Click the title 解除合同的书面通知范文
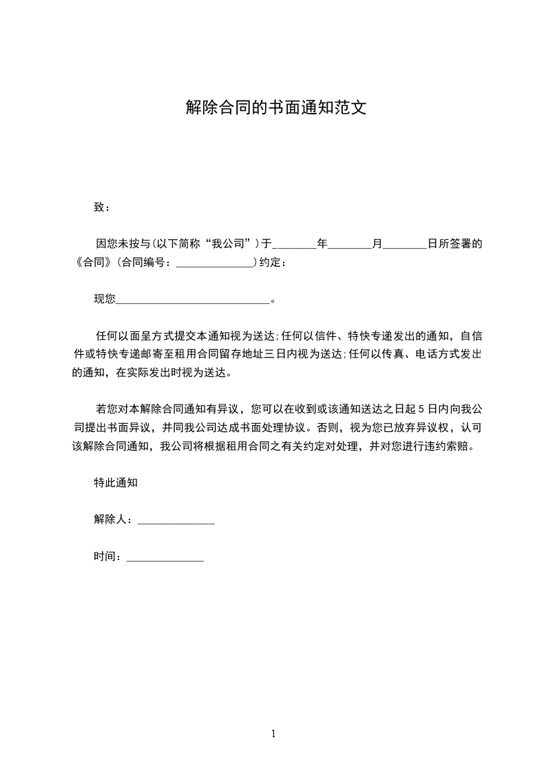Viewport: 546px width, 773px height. coord(273,108)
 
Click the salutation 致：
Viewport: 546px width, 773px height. coord(102,207)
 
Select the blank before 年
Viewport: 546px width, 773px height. coord(295,245)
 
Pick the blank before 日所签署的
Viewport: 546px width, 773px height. coord(404,245)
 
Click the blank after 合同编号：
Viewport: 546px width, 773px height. coord(216,263)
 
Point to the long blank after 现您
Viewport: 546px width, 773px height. coord(193,300)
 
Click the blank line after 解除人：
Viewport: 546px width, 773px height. coord(176,521)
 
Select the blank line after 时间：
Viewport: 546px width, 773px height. coord(165,557)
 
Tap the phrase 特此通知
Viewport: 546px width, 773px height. coord(116,483)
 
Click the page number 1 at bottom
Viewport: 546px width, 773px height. coord(273,734)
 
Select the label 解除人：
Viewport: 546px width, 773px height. coord(115,520)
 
